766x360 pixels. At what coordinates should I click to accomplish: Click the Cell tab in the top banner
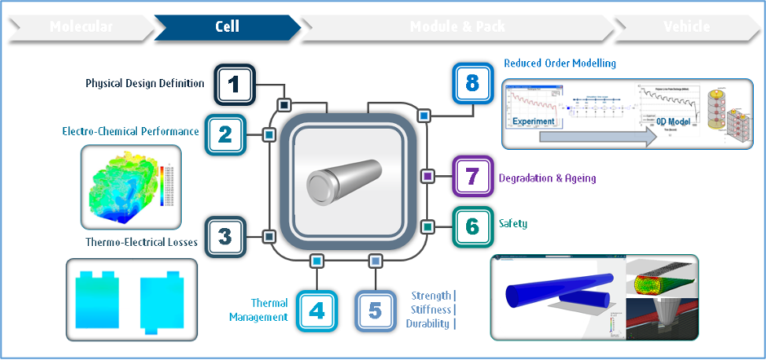point(227,27)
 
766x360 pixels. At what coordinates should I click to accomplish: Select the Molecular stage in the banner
point(81,27)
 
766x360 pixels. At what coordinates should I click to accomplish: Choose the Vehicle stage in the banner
point(686,27)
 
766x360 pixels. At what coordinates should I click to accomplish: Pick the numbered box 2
point(226,134)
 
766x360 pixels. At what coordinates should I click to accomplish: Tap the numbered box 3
point(226,237)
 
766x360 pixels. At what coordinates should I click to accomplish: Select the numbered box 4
point(317,310)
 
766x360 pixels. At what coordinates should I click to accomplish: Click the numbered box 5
point(375,310)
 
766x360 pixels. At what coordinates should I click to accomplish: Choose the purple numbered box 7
point(472,176)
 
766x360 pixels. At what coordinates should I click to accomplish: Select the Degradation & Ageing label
point(547,178)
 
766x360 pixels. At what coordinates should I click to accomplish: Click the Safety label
point(513,222)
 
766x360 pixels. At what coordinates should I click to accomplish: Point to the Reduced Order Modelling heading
point(560,63)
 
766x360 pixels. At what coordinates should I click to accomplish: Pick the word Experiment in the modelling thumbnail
point(534,121)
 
